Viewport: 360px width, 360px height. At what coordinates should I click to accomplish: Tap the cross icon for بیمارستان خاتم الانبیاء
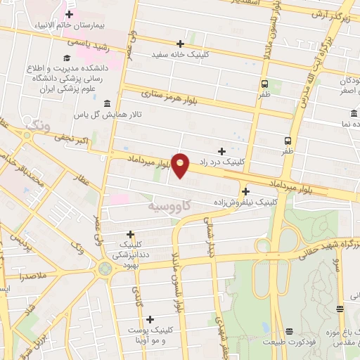[69, 13]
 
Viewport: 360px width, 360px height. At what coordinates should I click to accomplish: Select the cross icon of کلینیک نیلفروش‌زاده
[245, 191]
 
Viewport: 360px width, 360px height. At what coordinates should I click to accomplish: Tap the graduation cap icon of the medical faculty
[67, 58]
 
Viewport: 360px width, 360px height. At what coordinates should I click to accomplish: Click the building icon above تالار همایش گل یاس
[106, 104]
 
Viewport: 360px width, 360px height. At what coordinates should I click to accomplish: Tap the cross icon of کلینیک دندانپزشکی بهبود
[130, 234]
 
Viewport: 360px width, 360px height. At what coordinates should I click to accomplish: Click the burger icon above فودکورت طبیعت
[288, 331]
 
